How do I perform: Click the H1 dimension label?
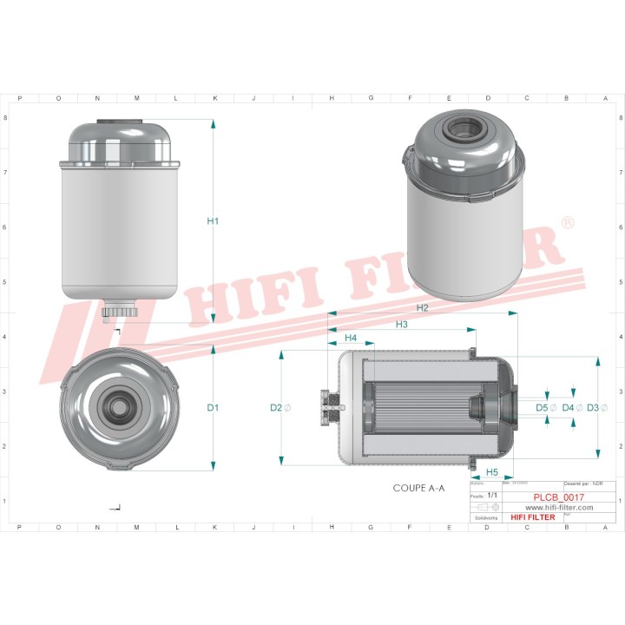[213, 221]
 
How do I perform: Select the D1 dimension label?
[213, 407]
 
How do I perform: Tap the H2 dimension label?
[422, 308]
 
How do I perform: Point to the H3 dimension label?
[401, 325]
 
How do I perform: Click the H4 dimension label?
[351, 338]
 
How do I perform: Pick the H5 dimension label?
[491, 472]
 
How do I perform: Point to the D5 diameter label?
[545, 407]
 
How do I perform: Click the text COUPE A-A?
[418, 489]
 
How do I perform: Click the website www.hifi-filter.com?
[560, 508]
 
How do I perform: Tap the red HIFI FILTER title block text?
[533, 517]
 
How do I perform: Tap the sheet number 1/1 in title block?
[493, 495]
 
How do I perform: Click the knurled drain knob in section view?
[330, 407]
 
